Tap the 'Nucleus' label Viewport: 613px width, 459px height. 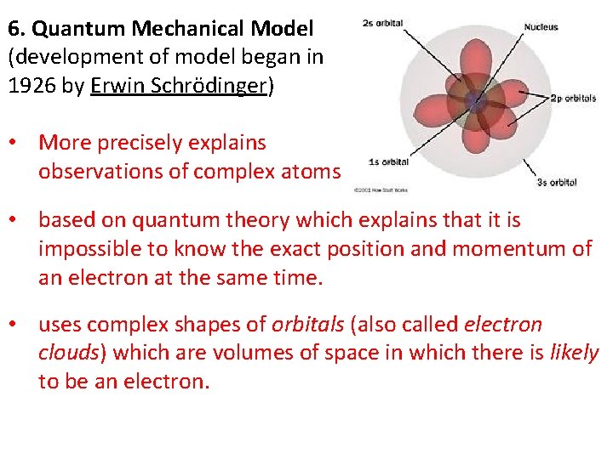[541, 26]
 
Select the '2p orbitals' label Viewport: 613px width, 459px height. [572, 99]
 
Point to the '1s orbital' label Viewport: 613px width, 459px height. [388, 161]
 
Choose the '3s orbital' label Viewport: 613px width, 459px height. [557, 182]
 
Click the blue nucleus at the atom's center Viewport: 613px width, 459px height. [473, 102]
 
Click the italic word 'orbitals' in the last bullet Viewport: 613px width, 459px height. [305, 325]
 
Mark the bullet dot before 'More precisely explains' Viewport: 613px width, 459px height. [17, 144]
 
